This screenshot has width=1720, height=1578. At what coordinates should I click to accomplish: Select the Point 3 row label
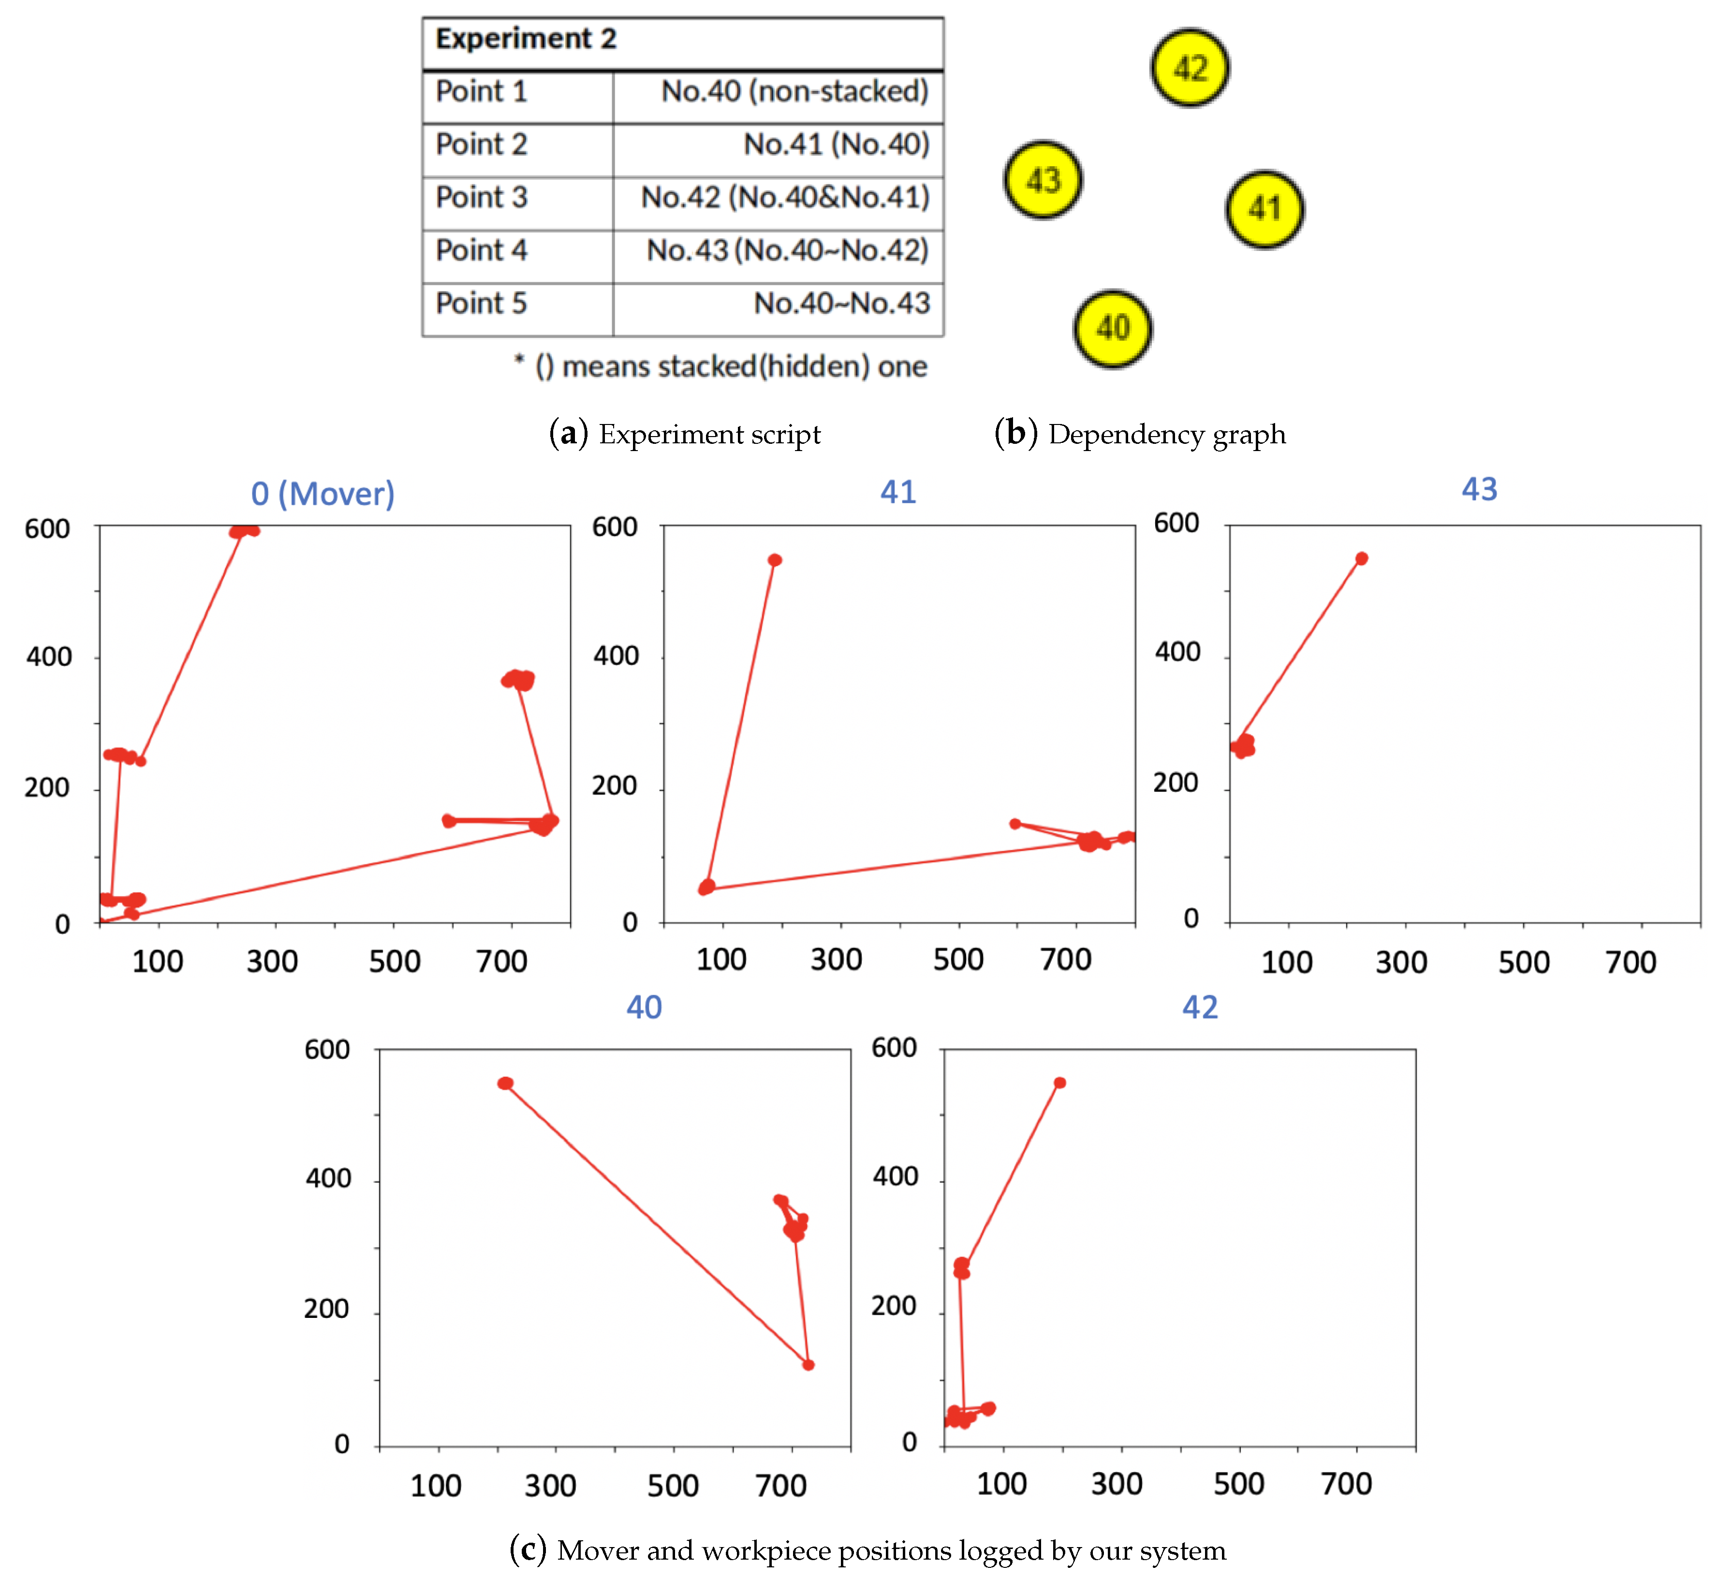click(x=482, y=197)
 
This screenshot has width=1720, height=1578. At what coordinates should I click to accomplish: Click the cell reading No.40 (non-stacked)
click(x=794, y=91)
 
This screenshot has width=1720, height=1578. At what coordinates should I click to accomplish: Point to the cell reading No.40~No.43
click(x=841, y=303)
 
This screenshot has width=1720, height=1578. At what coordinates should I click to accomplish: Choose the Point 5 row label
click(x=482, y=303)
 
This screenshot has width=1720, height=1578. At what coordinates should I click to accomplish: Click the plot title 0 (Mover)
click(x=323, y=494)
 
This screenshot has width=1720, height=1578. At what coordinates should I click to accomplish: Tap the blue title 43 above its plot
click(x=1479, y=489)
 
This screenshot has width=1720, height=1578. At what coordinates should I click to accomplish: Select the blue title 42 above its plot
click(x=1199, y=1008)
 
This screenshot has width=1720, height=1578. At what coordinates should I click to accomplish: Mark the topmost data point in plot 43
click(x=1361, y=558)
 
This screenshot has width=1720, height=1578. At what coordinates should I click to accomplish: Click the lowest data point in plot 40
click(x=808, y=1364)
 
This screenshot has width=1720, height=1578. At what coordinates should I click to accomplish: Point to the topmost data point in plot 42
click(x=1059, y=1083)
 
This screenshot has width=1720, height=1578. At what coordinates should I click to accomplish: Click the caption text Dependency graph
click(x=1167, y=435)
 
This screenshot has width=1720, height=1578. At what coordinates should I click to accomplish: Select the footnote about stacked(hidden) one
click(x=721, y=366)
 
